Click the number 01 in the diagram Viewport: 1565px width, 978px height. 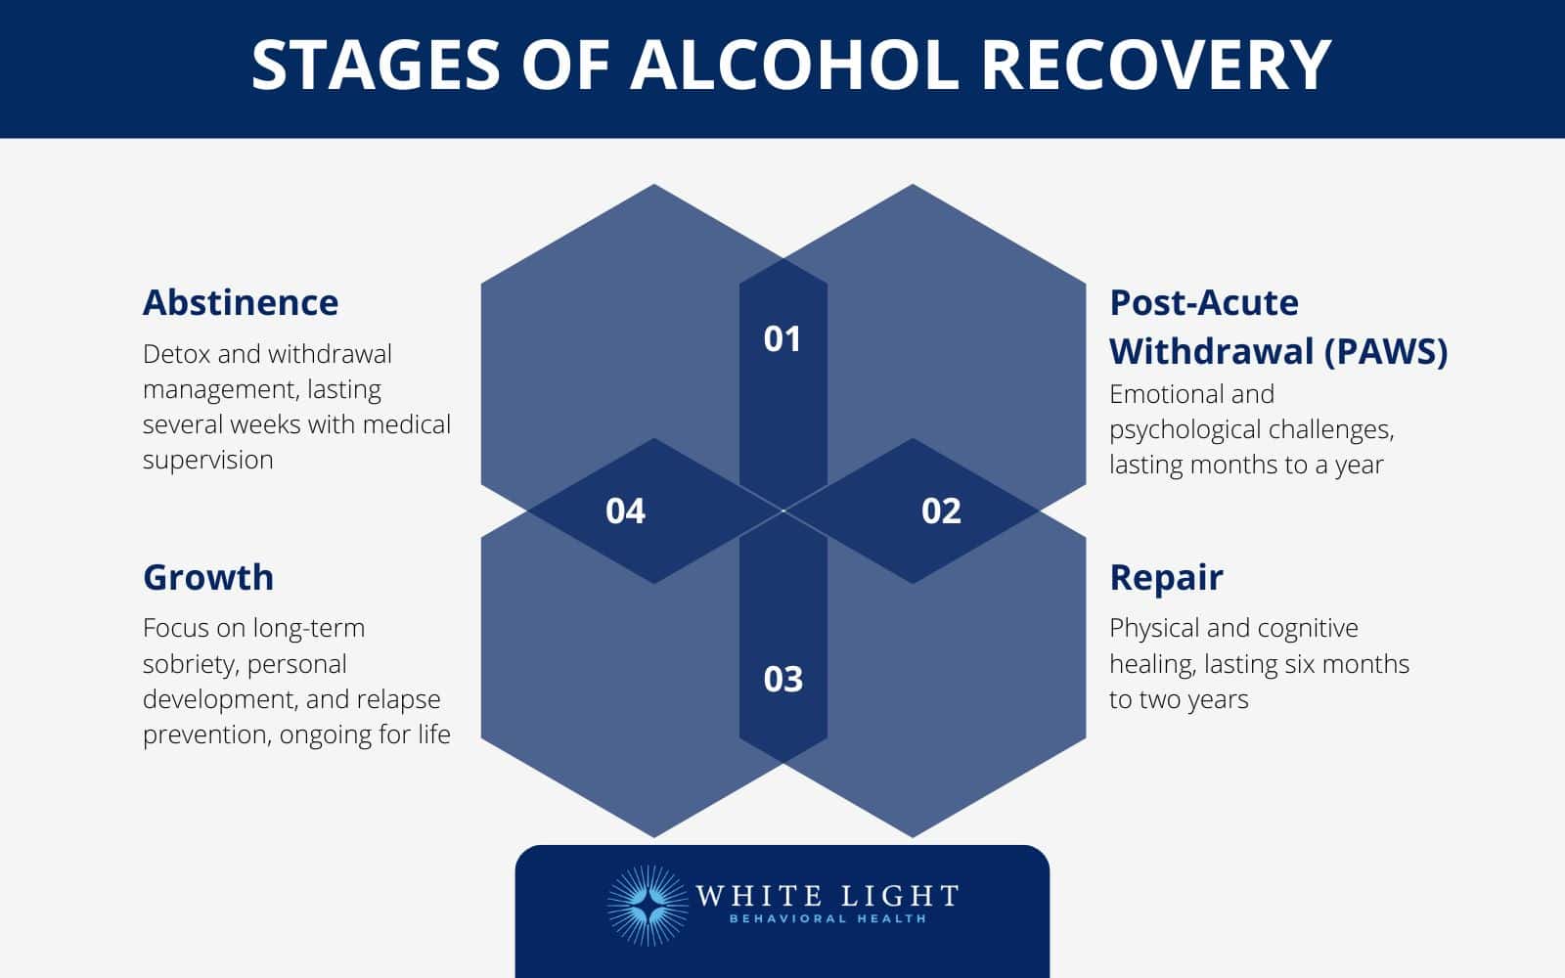click(782, 338)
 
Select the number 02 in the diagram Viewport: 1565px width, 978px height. click(941, 511)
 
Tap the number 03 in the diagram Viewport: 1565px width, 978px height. click(782, 679)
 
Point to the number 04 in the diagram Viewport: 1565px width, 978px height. click(625, 511)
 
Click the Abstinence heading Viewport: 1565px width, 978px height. click(241, 302)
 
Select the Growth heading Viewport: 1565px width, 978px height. click(208, 577)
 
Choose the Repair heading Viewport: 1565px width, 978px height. click(1166, 577)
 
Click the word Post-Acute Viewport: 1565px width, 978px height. click(1204, 302)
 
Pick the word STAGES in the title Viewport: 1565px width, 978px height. click(377, 66)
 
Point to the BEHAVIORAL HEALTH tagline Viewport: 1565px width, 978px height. click(827, 919)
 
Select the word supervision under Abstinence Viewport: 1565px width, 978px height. click(207, 460)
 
